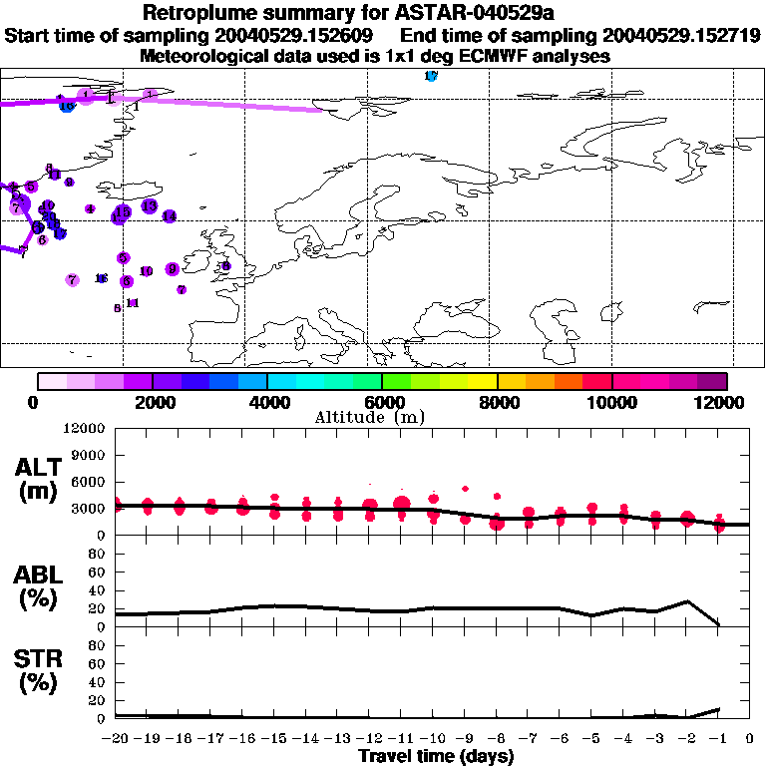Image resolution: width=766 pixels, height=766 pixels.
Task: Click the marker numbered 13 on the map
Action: tap(149, 205)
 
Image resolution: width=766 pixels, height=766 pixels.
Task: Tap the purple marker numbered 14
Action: tap(169, 215)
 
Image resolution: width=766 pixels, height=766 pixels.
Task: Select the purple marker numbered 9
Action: tap(173, 268)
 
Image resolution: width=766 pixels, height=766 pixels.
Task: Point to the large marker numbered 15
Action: tap(122, 212)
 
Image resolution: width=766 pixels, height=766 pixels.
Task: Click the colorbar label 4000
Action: tap(267, 402)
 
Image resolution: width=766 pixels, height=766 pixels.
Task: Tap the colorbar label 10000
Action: tap(611, 402)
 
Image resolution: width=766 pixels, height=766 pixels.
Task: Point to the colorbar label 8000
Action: tap(497, 402)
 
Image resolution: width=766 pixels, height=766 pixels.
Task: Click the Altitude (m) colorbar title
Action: tap(381, 417)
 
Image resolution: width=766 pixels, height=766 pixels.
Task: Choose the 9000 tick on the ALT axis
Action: tap(88, 455)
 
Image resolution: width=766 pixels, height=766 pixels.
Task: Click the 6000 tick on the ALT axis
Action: tap(88, 482)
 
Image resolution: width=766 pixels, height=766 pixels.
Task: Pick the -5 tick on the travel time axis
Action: tap(591, 738)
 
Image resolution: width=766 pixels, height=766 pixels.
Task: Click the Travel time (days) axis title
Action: tap(436, 757)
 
